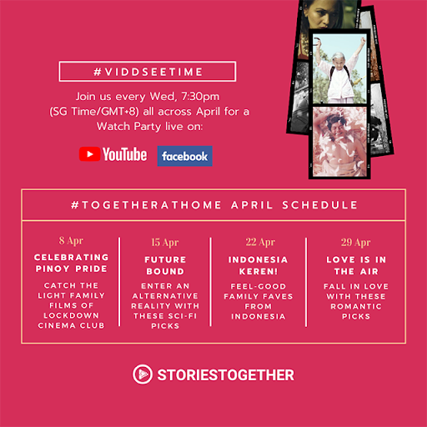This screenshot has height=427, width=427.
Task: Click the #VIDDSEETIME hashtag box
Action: pyautogui.click(x=148, y=72)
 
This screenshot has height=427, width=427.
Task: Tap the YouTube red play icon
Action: pyautogui.click(x=89, y=154)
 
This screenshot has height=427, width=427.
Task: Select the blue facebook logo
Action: pyautogui.click(x=185, y=156)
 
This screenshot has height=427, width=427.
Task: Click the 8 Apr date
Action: pyautogui.click(x=71, y=241)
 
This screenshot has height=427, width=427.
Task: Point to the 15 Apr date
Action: pyautogui.click(x=165, y=243)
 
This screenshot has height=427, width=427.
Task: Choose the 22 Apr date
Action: pyautogui.click(x=260, y=242)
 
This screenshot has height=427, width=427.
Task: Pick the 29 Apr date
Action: pyautogui.click(x=355, y=243)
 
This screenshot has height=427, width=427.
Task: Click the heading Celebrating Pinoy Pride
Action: pyautogui.click(x=71, y=263)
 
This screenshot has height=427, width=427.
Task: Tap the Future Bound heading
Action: pyautogui.click(x=165, y=265)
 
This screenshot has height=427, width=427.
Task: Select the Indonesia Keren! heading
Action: pyautogui.click(x=259, y=265)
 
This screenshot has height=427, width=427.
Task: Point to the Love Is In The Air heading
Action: pyautogui.click(x=356, y=265)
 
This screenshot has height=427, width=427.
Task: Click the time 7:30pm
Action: pyautogui.click(x=200, y=97)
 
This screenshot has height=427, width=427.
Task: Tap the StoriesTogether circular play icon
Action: pyautogui.click(x=143, y=374)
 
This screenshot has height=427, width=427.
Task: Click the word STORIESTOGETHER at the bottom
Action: pyautogui.click(x=225, y=375)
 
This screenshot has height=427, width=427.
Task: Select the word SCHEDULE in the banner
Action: pyautogui.click(x=319, y=205)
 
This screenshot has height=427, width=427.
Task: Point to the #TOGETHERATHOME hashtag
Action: pyautogui.click(x=146, y=205)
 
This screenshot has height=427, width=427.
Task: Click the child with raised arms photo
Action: pyautogui.click(x=339, y=68)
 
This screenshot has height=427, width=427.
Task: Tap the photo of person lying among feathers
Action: pyautogui.click(x=339, y=142)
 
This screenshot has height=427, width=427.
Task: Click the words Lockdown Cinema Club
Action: pyautogui.click(x=71, y=320)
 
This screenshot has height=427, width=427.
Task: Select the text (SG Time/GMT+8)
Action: pyautogui.click(x=94, y=112)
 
